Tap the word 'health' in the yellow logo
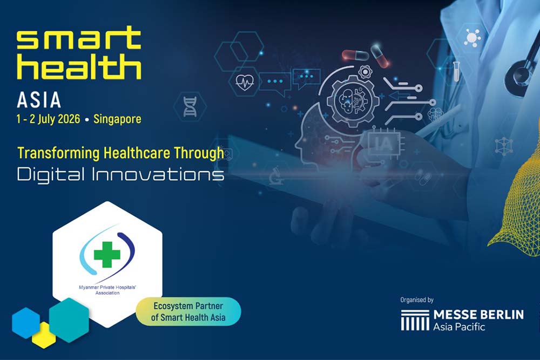pyautogui.click(x=79, y=66)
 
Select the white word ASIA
pyautogui.click(x=39, y=100)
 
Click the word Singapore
pyautogui.click(x=117, y=119)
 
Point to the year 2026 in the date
pyautogui.click(x=69, y=119)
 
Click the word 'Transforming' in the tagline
pyautogui.click(x=58, y=153)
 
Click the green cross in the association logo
pyautogui.click(x=107, y=255)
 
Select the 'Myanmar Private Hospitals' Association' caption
pyautogui.click(x=107, y=290)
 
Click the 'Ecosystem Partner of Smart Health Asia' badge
pyautogui.click(x=188, y=311)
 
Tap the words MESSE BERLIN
pyautogui.click(x=478, y=314)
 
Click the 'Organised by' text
pyautogui.click(x=417, y=300)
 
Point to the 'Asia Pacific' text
pyautogui.click(x=459, y=327)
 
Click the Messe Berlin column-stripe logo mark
pyautogui.click(x=415, y=320)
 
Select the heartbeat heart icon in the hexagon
pyautogui.click(x=245, y=82)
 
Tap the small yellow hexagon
pyautogui.click(x=44, y=335)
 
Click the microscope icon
pyautogui.click(x=276, y=175)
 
